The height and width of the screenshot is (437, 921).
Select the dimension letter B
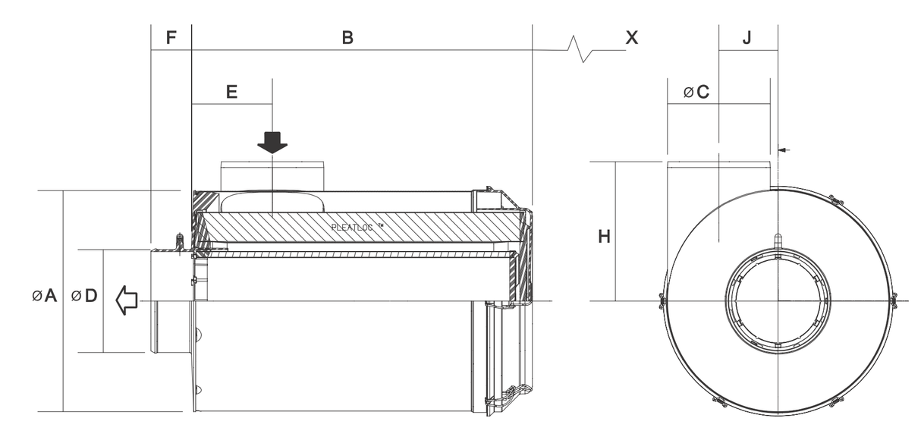point(347,37)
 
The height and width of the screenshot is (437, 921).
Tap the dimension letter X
point(631,37)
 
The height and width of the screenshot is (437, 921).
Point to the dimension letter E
point(232,92)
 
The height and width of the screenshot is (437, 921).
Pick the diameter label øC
point(696,93)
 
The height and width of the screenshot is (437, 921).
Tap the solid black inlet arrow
point(272,142)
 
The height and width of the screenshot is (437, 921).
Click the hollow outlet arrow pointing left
point(127,300)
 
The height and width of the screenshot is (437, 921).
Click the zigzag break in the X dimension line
point(582,51)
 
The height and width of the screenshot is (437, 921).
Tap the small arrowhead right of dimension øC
point(784,150)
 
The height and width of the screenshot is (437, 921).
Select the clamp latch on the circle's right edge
point(894,301)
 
